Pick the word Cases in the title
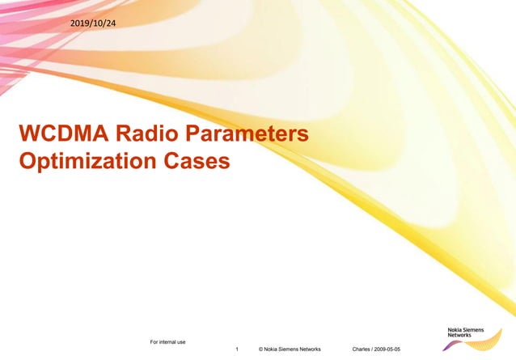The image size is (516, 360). [x=194, y=161]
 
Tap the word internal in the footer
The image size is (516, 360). [x=168, y=341]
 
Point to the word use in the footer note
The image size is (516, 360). [x=183, y=341]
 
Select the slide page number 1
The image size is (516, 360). [x=236, y=349]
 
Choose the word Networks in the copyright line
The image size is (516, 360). [x=311, y=349]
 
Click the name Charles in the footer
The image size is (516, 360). [x=364, y=349]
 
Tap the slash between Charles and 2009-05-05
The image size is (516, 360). [x=377, y=349]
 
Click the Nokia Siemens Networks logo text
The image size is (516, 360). [x=466, y=332]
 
